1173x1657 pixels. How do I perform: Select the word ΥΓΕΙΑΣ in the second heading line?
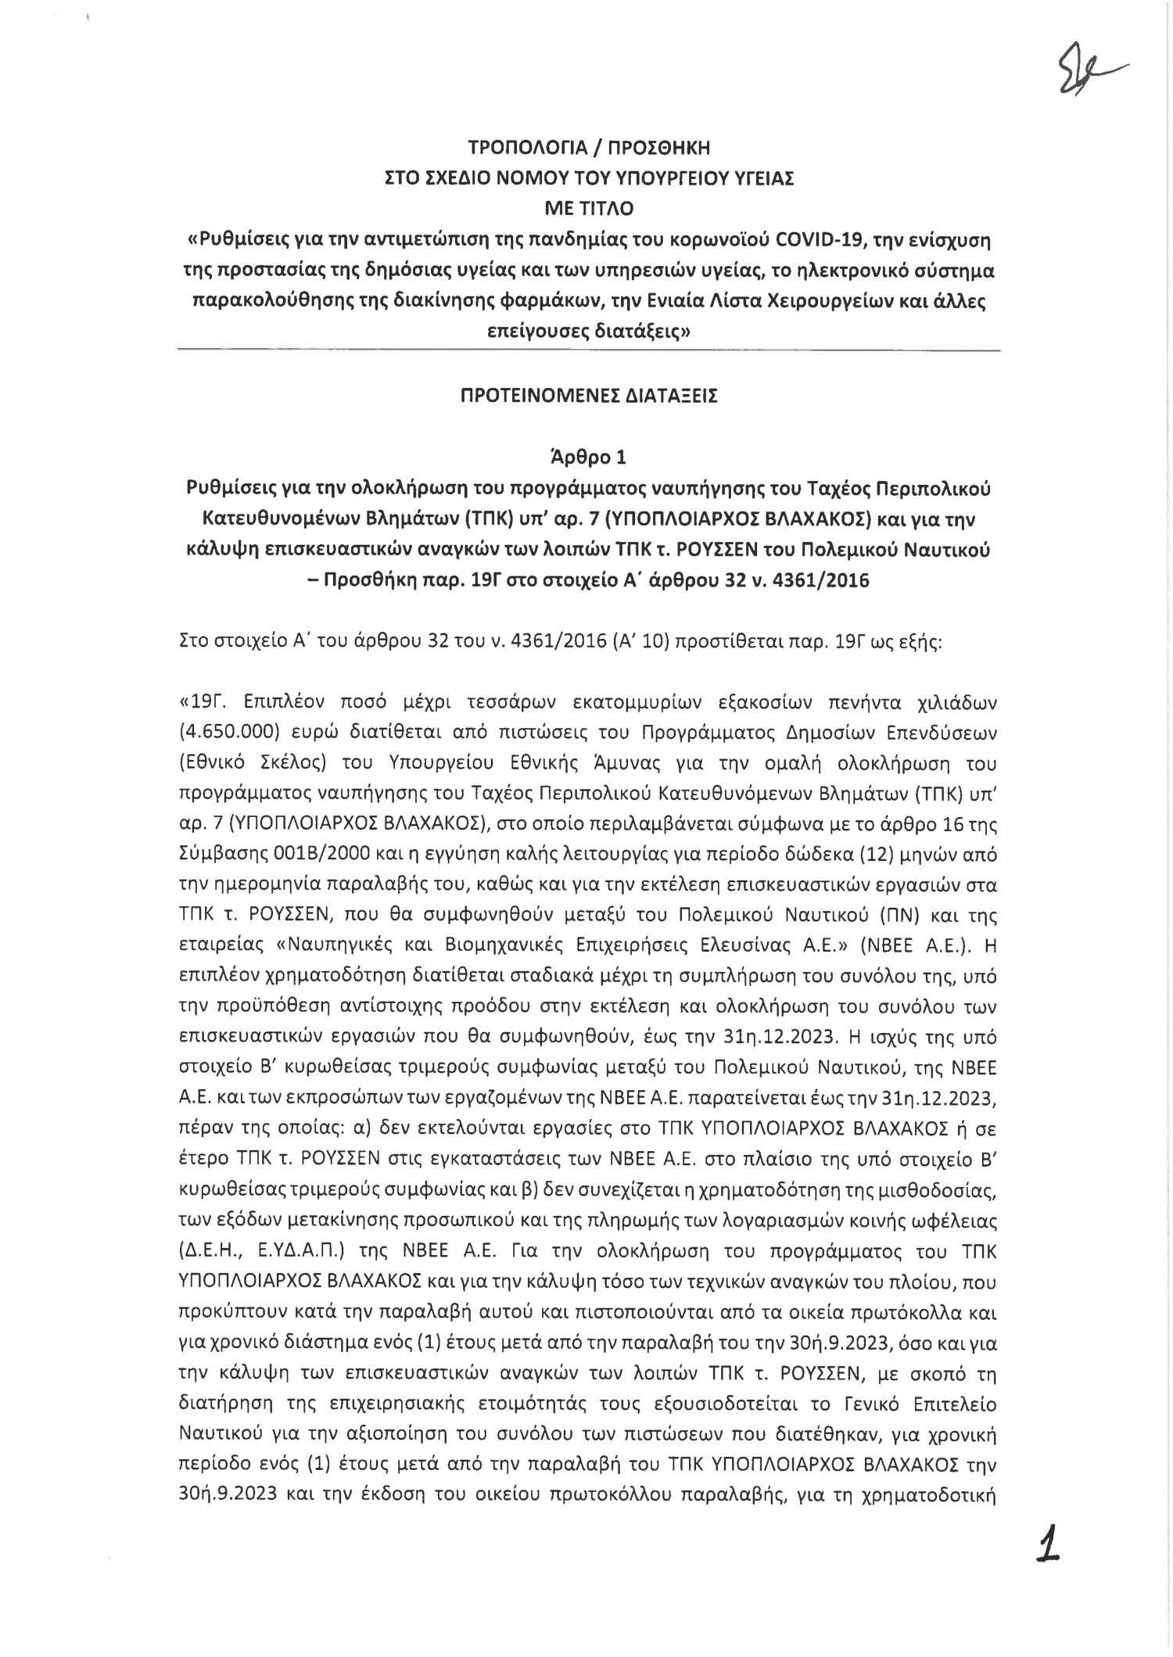[762, 178]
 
